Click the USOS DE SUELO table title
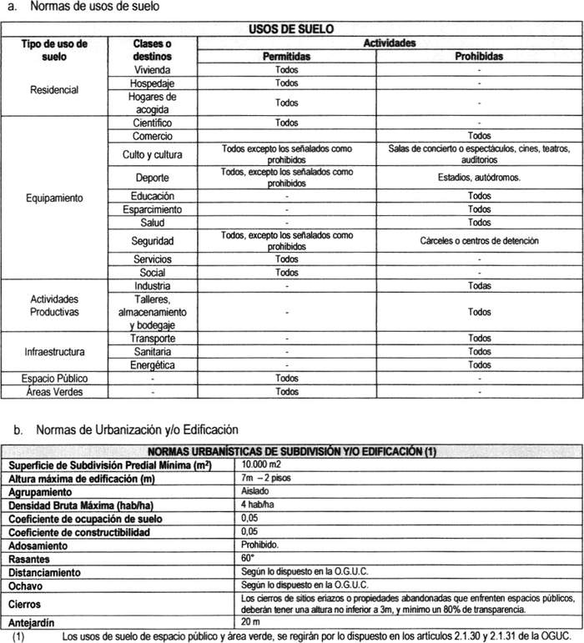tap(292, 29)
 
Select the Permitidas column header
tap(286, 57)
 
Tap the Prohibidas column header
tap(479, 57)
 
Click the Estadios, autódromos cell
tap(479, 177)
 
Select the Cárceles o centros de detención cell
tap(479, 241)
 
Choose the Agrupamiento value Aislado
tap(255, 492)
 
